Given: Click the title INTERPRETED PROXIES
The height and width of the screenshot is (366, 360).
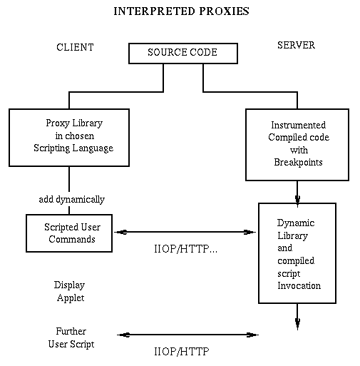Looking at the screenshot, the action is pyautogui.click(x=181, y=11).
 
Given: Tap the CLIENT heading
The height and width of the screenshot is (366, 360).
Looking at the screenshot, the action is pyautogui.click(x=75, y=47).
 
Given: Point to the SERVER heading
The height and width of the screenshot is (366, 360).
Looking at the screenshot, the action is pyautogui.click(x=296, y=45).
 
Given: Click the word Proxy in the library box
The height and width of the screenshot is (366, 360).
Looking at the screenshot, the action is pyautogui.click(x=58, y=123).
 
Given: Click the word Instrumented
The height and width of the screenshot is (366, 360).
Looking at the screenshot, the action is pyautogui.click(x=298, y=125).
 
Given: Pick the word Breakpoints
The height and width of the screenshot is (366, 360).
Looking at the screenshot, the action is pyautogui.click(x=298, y=162).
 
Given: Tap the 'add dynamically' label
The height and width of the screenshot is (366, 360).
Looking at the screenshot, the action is pyautogui.click(x=71, y=199).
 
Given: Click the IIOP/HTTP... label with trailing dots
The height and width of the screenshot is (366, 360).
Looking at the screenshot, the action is pyautogui.click(x=185, y=249).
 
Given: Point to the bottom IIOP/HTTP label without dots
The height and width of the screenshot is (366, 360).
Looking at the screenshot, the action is pyautogui.click(x=182, y=351).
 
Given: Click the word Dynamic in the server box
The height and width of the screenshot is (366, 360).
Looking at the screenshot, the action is pyautogui.click(x=296, y=223).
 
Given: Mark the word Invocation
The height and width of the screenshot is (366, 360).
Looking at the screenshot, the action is pyautogui.click(x=299, y=285).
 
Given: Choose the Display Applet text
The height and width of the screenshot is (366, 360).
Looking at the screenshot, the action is pyautogui.click(x=70, y=292).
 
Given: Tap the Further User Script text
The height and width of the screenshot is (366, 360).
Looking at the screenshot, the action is pyautogui.click(x=71, y=337).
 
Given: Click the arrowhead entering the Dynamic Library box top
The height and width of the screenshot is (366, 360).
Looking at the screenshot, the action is pyautogui.click(x=297, y=200).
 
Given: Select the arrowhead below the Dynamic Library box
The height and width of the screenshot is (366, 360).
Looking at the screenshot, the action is pyautogui.click(x=297, y=323).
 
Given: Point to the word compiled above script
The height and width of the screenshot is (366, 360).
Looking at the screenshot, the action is pyautogui.click(x=296, y=261).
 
